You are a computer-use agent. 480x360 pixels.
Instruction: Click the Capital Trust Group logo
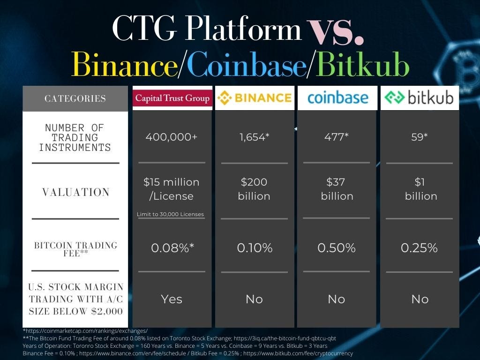[x=172, y=98]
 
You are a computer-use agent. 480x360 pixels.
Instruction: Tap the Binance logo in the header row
[x=255, y=98]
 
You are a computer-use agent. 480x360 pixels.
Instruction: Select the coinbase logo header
[x=337, y=98]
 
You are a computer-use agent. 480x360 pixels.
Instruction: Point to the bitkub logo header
[x=420, y=98]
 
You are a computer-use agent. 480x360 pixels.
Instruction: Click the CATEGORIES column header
[x=75, y=98]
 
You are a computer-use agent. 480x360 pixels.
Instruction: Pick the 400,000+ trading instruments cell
[x=172, y=137]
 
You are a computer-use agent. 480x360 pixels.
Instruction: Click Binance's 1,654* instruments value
[x=255, y=137]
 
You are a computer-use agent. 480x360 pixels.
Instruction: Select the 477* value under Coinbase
[x=337, y=136]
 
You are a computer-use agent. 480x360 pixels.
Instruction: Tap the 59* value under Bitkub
[x=420, y=136]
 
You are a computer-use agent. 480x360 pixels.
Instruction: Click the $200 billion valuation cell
[x=254, y=189]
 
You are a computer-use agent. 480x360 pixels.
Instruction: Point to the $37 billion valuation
[x=337, y=189]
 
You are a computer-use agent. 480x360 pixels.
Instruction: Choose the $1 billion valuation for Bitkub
[x=421, y=189]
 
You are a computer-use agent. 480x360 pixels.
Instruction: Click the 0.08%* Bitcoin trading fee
[x=172, y=247]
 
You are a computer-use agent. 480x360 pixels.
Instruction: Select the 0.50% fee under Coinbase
[x=337, y=247]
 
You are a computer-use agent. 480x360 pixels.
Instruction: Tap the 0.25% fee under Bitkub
[x=419, y=247]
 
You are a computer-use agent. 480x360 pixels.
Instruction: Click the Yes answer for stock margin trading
[x=172, y=299]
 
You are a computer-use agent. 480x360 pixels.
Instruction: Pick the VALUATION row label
[x=76, y=192]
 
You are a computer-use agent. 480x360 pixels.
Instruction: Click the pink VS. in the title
[x=336, y=31]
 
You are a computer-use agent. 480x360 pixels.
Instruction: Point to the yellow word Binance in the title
[x=125, y=64]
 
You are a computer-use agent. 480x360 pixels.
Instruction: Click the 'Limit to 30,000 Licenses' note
[x=170, y=214]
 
